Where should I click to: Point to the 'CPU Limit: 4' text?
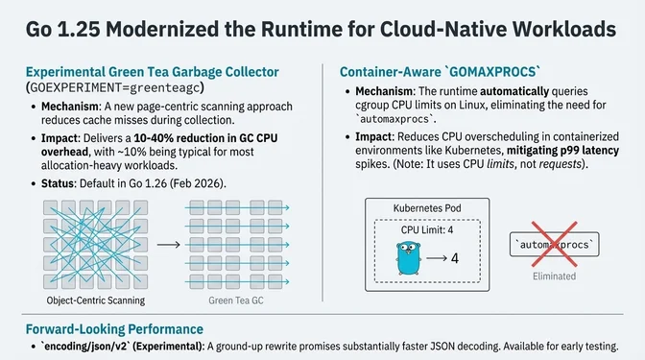(427, 230)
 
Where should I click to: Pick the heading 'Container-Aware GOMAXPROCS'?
(441, 71)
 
